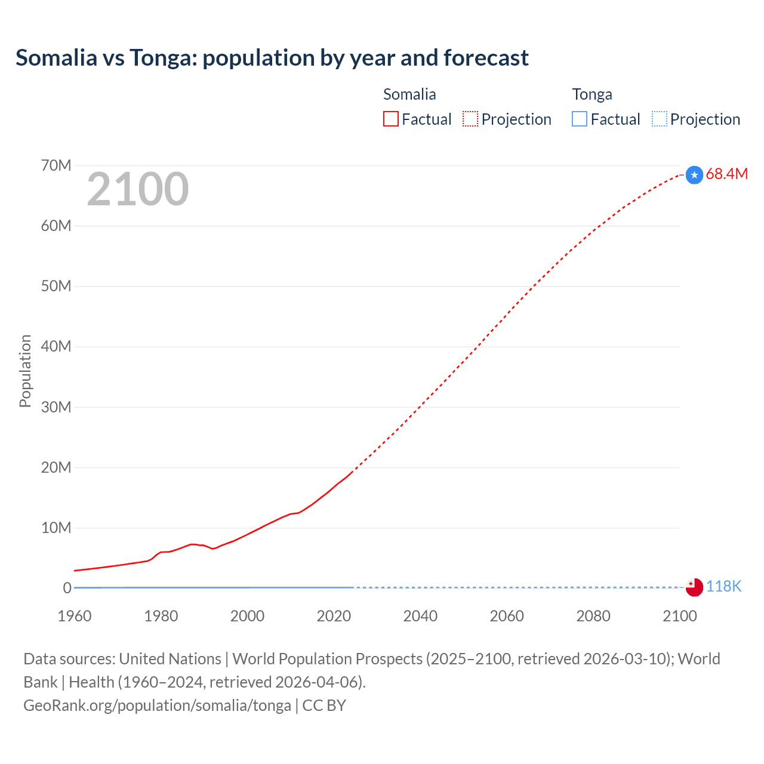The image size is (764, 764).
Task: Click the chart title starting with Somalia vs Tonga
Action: [272, 58]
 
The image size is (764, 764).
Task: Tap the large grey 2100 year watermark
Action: [138, 189]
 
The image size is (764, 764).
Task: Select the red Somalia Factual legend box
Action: [391, 119]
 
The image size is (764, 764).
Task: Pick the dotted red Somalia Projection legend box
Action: [470, 119]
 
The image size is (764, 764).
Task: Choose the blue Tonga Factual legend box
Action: [580, 119]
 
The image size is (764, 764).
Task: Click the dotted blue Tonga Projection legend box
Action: [660, 119]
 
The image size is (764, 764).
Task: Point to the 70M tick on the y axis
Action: [56, 165]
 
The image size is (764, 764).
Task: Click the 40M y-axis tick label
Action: [56, 346]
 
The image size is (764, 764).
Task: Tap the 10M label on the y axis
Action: [56, 528]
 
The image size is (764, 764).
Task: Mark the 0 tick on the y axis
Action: [67, 588]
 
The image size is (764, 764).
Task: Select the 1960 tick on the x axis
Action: [75, 616]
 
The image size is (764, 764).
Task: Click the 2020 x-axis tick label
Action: [334, 616]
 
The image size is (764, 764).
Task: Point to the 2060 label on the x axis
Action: [507, 616]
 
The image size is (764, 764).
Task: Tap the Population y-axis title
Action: [25, 371]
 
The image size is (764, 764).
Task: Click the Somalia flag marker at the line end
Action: [694, 175]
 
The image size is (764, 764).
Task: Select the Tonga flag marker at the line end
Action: [694, 587]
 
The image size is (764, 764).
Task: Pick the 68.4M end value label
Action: [726, 174]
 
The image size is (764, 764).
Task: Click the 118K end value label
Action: [723, 587]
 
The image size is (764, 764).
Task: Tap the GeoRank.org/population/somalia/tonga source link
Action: [157, 705]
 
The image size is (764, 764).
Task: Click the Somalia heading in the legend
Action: [409, 94]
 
